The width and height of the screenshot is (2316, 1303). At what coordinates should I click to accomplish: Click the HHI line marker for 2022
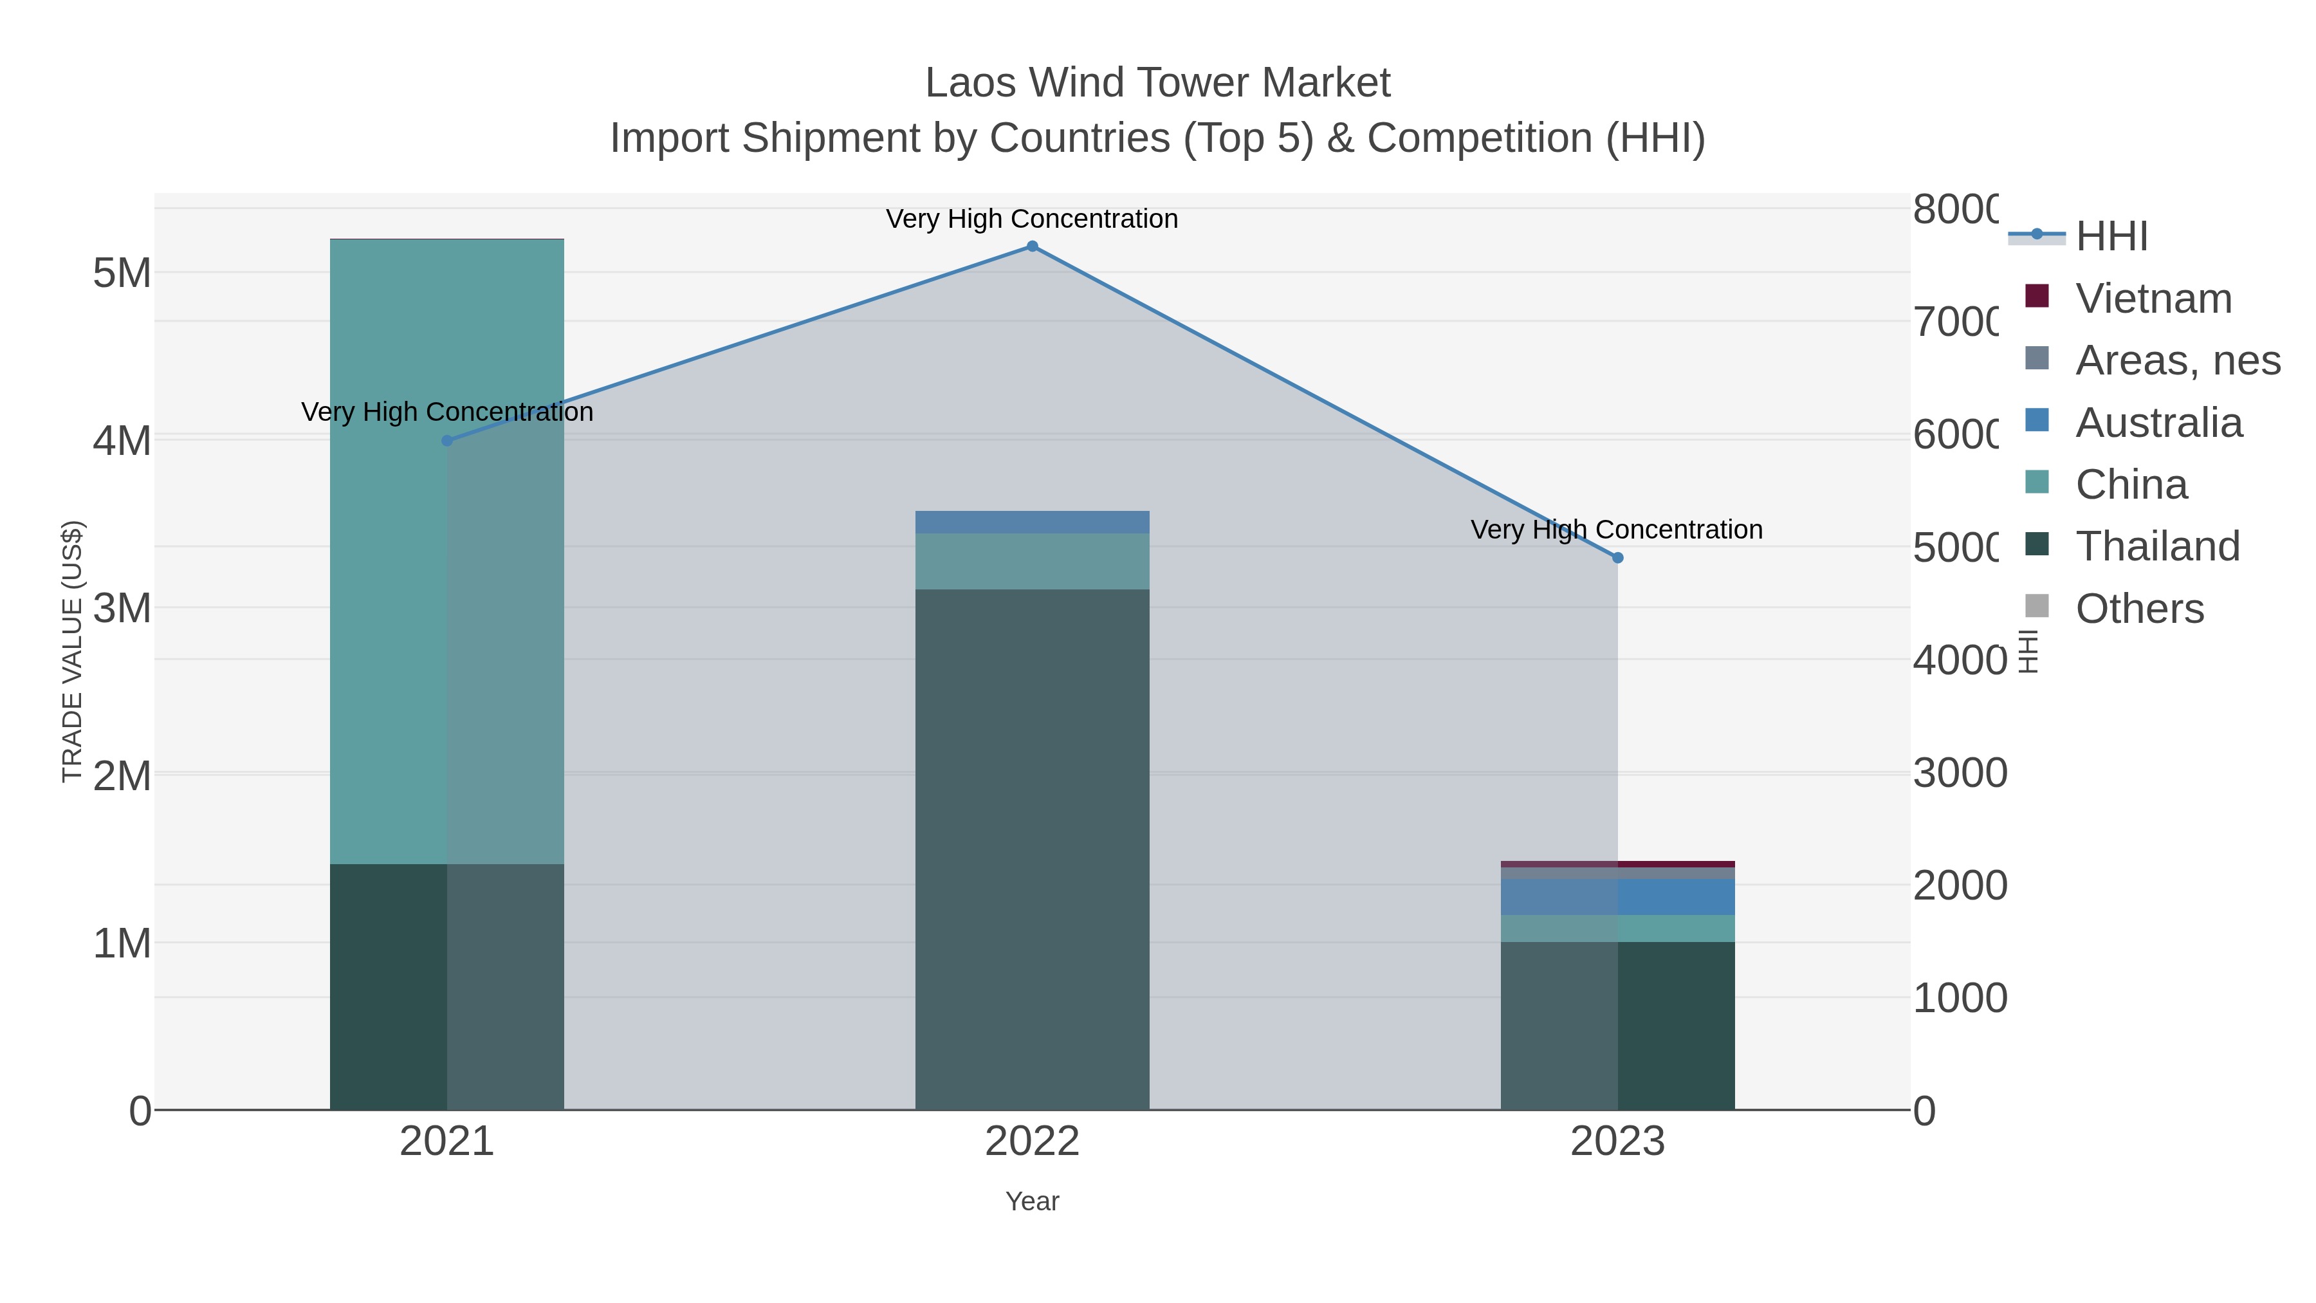(1032, 246)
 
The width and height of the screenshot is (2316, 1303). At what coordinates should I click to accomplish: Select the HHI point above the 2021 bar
(447, 441)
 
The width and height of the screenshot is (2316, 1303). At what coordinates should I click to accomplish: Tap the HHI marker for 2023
(1617, 557)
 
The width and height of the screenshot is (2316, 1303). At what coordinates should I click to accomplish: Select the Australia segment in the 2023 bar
(1617, 896)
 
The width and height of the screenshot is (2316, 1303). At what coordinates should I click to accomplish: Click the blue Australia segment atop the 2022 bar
(1032, 522)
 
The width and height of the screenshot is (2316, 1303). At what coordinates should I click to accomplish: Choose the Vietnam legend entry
(2153, 299)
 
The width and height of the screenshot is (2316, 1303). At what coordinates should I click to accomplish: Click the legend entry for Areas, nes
(2176, 360)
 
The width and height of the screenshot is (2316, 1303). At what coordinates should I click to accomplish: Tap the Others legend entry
(2139, 609)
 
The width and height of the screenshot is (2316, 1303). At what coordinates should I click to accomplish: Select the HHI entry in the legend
(2111, 237)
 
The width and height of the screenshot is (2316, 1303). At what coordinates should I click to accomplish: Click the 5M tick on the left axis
(122, 272)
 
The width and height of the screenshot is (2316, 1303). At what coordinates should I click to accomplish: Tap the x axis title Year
(1032, 1201)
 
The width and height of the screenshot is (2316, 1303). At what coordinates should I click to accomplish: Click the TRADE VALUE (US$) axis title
(72, 651)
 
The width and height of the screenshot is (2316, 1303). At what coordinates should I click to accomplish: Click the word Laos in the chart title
(970, 84)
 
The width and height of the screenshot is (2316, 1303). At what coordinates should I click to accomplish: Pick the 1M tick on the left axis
(122, 943)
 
